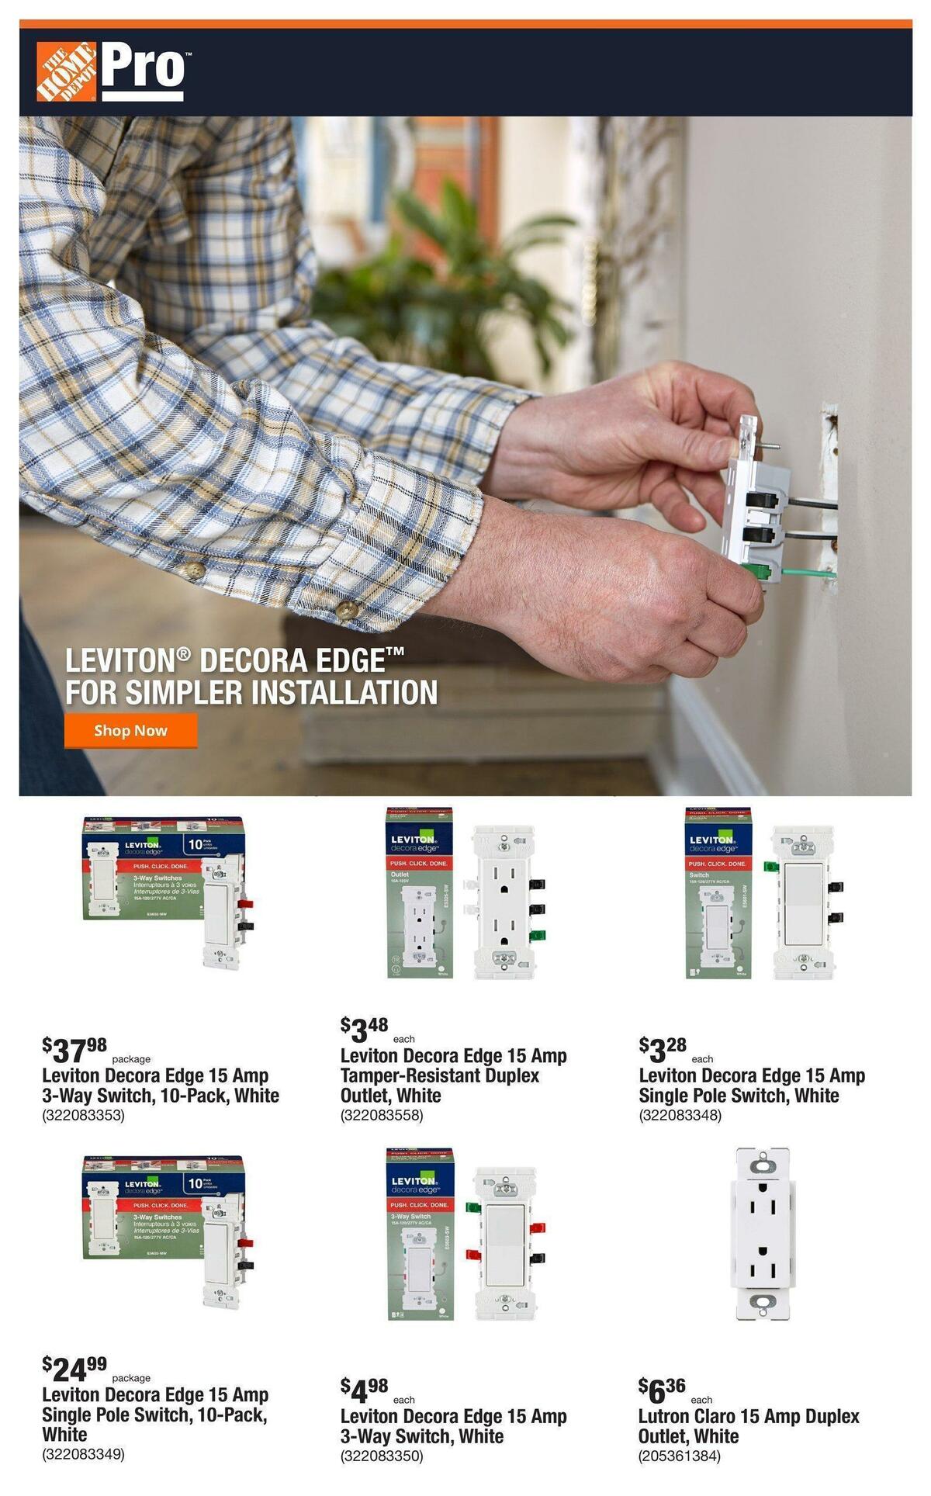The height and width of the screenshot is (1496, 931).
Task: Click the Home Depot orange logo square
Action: pos(66,72)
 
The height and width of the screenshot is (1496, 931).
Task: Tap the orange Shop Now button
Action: pos(130,730)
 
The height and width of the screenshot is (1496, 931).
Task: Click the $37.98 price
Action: pos(75,1051)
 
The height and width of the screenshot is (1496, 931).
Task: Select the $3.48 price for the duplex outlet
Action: pos(365,1030)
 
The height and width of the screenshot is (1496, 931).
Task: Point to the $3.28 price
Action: pos(663,1050)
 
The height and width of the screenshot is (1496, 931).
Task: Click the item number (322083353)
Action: pos(83,1116)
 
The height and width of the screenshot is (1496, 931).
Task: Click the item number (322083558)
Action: pos(382,1116)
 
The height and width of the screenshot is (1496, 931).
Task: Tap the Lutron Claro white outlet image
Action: pos(760,1235)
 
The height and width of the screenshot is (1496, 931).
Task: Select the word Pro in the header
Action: pos(144,68)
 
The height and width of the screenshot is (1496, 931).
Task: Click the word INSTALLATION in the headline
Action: pos(345,692)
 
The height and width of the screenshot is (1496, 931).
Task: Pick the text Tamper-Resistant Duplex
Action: pos(439,1075)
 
